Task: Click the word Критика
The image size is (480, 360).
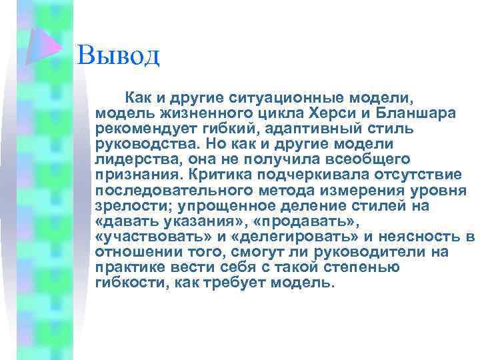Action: (221, 175)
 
